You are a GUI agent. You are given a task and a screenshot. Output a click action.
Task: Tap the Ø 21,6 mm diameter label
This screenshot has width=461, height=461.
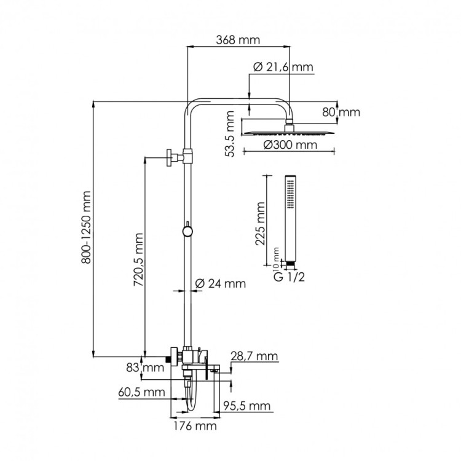[282, 67]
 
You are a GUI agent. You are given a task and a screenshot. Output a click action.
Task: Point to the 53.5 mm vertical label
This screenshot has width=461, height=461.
[230, 135]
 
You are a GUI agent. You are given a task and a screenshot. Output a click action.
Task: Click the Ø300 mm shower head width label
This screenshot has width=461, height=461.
[290, 146]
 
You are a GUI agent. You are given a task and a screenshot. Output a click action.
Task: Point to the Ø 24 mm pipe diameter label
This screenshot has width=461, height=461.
[219, 283]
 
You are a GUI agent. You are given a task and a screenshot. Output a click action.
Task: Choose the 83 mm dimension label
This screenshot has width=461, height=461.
[153, 368]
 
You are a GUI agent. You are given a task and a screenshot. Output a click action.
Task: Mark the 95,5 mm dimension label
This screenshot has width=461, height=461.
[246, 406]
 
